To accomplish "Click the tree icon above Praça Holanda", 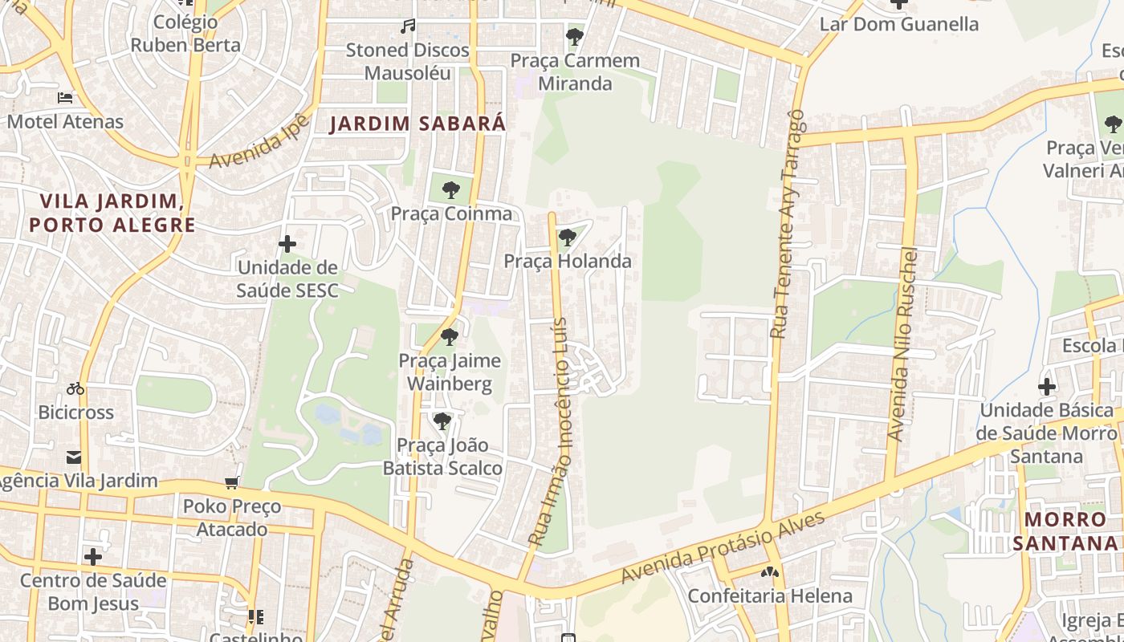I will pyautogui.click(x=568, y=238).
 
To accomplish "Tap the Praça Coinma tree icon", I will pyautogui.click(x=451, y=190).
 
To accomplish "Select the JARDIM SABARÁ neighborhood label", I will pyautogui.click(x=418, y=124).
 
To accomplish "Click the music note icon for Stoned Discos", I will pyautogui.click(x=408, y=26).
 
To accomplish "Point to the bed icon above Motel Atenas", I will pyautogui.click(x=65, y=98).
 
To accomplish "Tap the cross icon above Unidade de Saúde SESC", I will pyautogui.click(x=287, y=244).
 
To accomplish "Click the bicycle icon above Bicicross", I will pyautogui.click(x=75, y=389).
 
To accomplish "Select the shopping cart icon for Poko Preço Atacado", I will pyautogui.click(x=232, y=482).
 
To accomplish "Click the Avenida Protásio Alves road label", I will pyautogui.click(x=723, y=547).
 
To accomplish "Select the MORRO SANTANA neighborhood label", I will pyautogui.click(x=1065, y=531).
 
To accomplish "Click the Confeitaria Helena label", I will pyautogui.click(x=770, y=596).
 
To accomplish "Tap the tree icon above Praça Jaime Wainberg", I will pyautogui.click(x=450, y=337).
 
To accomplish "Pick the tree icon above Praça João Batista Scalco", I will pyautogui.click(x=442, y=421).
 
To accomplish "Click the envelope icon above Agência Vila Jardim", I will pyautogui.click(x=74, y=458).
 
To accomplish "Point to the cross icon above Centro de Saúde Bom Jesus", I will pyautogui.click(x=93, y=556).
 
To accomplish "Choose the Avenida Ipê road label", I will pyautogui.click(x=259, y=141).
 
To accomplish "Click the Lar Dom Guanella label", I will pyautogui.click(x=898, y=24).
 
